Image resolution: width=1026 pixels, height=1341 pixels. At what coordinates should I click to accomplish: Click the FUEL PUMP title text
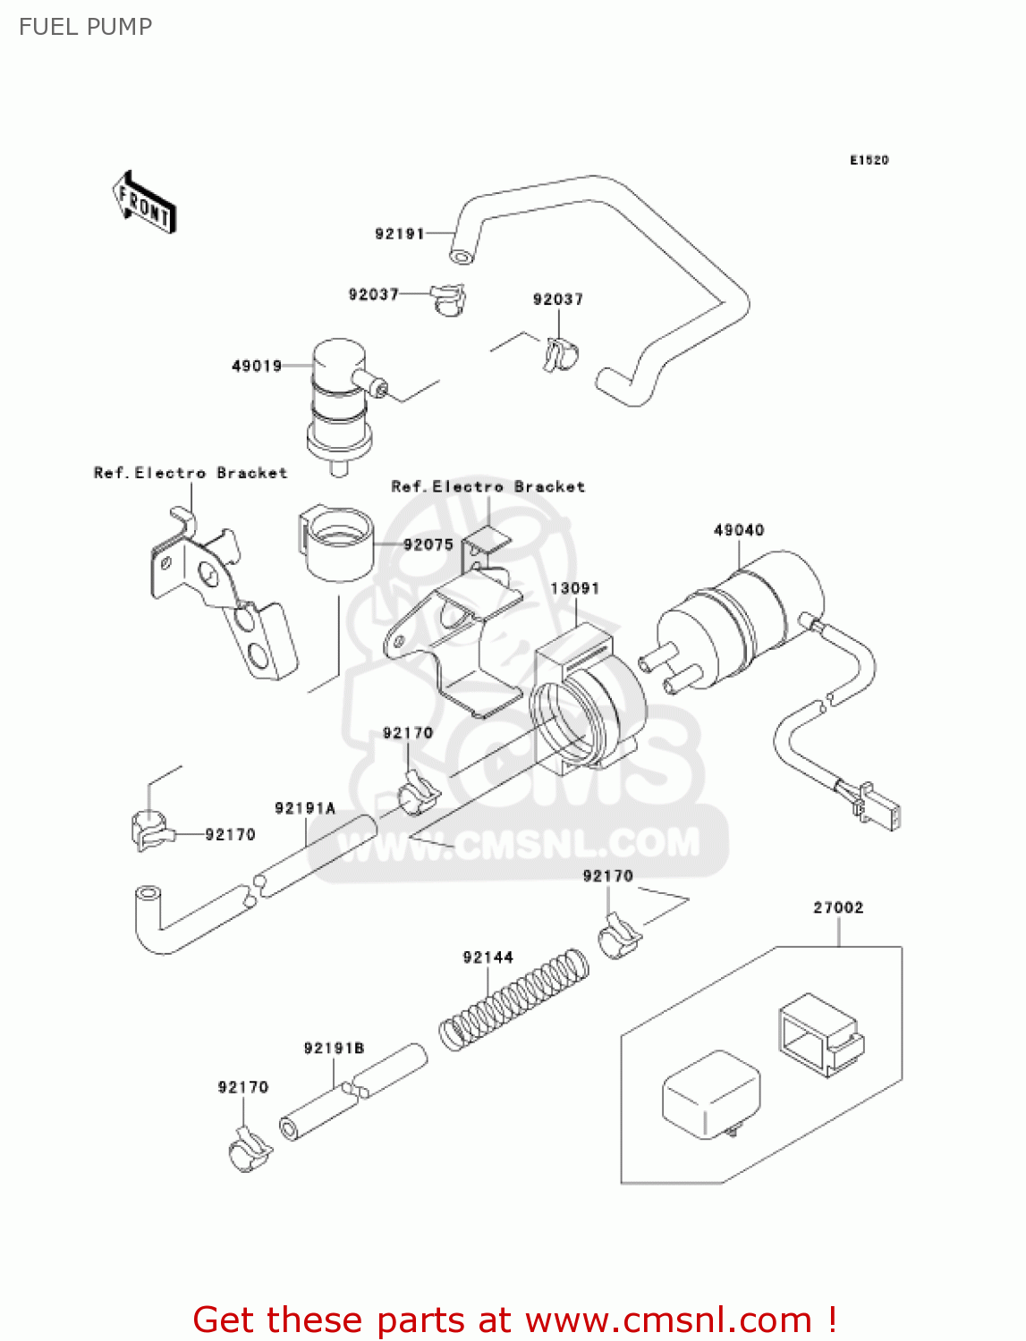[86, 27]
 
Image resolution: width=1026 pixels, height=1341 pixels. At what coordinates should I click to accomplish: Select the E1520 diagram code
[869, 160]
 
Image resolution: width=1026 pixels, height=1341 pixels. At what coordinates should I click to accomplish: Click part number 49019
[257, 366]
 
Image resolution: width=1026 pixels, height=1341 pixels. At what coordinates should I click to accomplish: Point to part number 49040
[739, 530]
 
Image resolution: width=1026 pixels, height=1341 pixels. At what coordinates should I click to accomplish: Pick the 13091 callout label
[574, 588]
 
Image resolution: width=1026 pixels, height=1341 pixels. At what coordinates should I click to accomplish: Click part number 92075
[428, 544]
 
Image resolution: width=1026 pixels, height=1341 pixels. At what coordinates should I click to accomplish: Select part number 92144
[488, 957]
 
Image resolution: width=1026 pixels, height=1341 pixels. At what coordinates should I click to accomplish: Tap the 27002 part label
[838, 907]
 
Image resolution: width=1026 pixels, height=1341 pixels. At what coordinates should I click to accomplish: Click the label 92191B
[334, 1048]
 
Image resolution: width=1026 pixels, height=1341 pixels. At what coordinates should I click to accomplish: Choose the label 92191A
[305, 808]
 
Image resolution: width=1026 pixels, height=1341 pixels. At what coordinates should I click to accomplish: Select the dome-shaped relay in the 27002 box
[710, 1095]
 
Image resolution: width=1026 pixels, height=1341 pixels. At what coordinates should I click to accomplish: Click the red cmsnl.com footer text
[514, 1320]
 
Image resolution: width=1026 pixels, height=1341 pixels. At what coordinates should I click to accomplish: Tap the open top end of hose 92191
[461, 257]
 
